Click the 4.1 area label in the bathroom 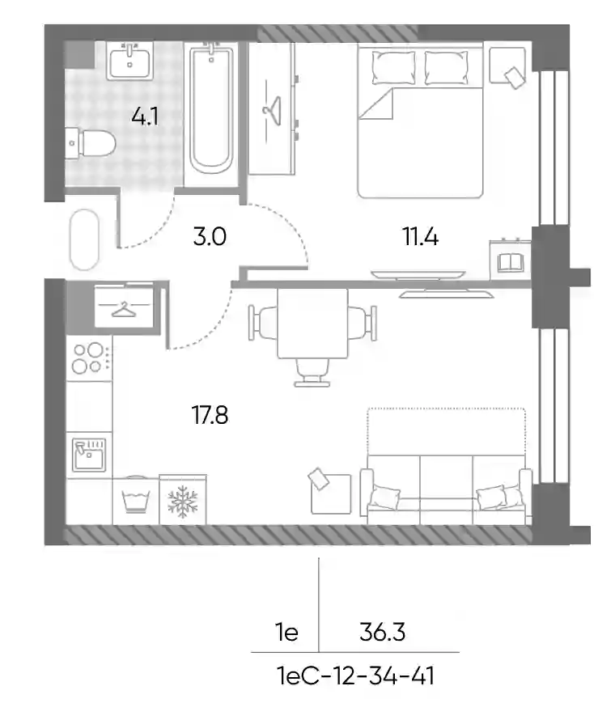[x=145, y=116]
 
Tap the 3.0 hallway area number [x=210, y=237]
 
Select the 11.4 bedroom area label [x=420, y=237]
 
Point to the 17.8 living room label [x=210, y=415]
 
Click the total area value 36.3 [x=382, y=633]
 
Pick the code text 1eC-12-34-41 [x=356, y=676]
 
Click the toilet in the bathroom [x=90, y=143]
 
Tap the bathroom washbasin [x=130, y=61]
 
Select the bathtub [x=211, y=109]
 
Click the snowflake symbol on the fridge [x=183, y=502]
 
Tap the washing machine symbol [x=135, y=502]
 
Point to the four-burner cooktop [x=89, y=358]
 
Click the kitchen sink [x=89, y=455]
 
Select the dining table [x=312, y=324]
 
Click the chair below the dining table [x=312, y=373]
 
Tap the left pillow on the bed [x=393, y=67]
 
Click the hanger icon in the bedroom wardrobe [x=271, y=110]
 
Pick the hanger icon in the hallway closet [x=125, y=311]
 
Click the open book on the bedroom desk [x=511, y=263]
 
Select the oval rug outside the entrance [x=84, y=239]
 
